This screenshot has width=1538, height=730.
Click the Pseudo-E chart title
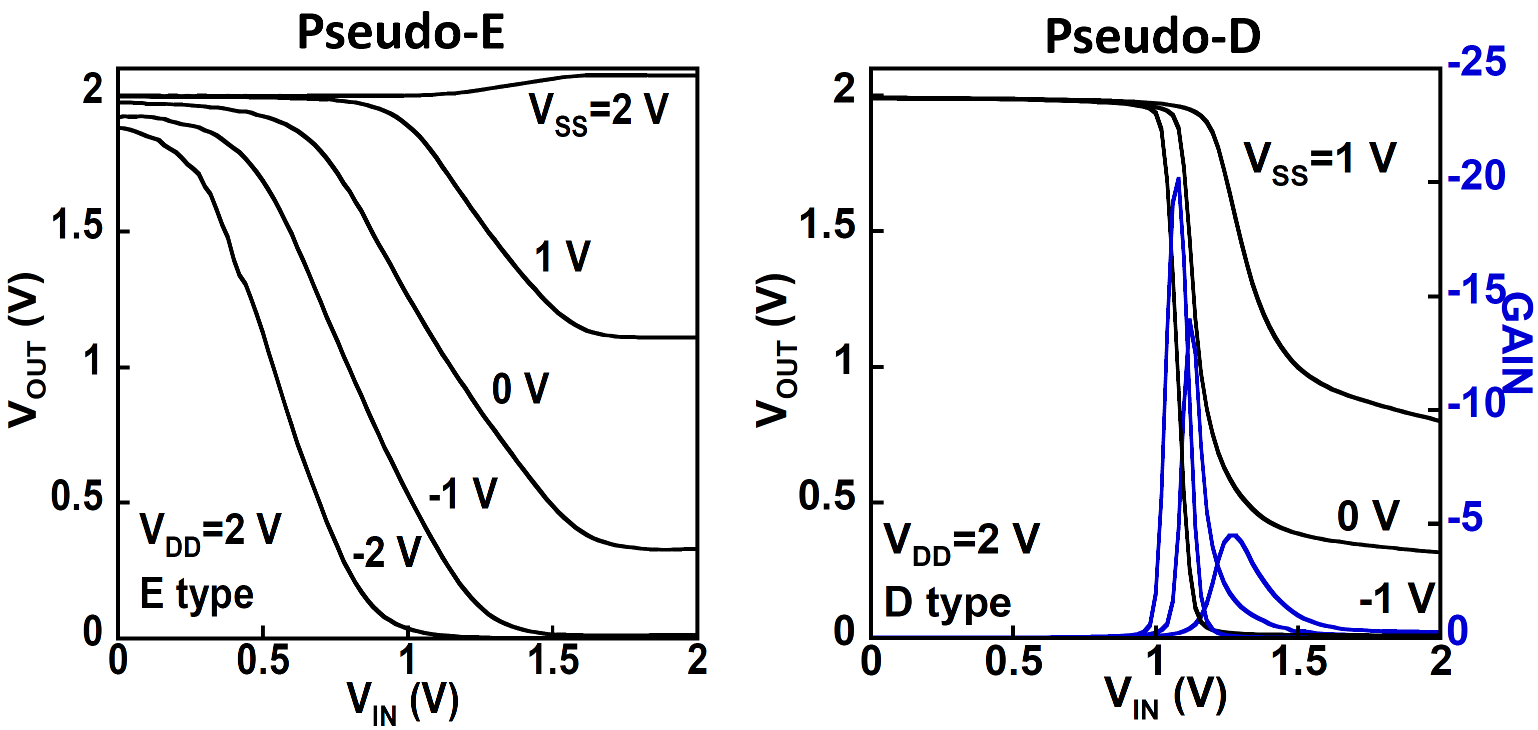[401, 33]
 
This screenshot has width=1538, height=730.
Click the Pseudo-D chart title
[1152, 37]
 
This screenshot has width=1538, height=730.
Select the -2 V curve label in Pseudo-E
[387, 552]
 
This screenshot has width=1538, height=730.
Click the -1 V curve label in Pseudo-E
[463, 493]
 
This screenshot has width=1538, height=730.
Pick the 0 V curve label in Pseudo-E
[520, 388]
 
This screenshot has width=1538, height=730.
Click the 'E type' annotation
[197, 595]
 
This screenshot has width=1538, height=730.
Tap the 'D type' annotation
[948, 603]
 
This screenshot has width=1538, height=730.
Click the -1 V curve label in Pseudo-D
[1396, 597]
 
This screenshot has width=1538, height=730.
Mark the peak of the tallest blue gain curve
[1178, 178]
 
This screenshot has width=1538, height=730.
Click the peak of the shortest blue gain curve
[1233, 535]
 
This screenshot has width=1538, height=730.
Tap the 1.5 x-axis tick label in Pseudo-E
[553, 661]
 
